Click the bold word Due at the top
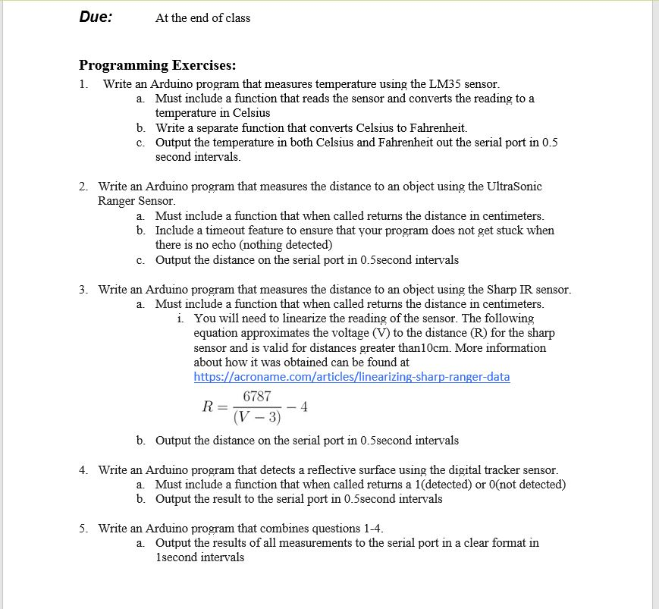[x=96, y=17]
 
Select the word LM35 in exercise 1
[x=445, y=84]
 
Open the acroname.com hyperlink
[x=352, y=377]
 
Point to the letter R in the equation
[x=208, y=407]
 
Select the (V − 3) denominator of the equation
[x=257, y=417]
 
